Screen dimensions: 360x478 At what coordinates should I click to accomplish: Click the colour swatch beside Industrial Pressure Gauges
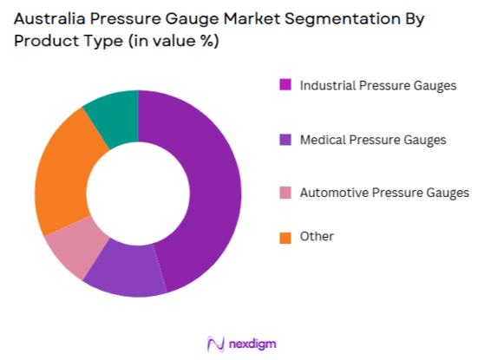point(285,85)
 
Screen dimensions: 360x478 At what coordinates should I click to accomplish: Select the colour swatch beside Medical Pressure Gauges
point(285,139)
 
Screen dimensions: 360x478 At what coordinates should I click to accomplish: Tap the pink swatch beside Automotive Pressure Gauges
point(285,193)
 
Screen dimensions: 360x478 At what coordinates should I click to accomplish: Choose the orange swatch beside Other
point(285,236)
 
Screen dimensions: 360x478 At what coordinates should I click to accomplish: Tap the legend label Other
point(317,236)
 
